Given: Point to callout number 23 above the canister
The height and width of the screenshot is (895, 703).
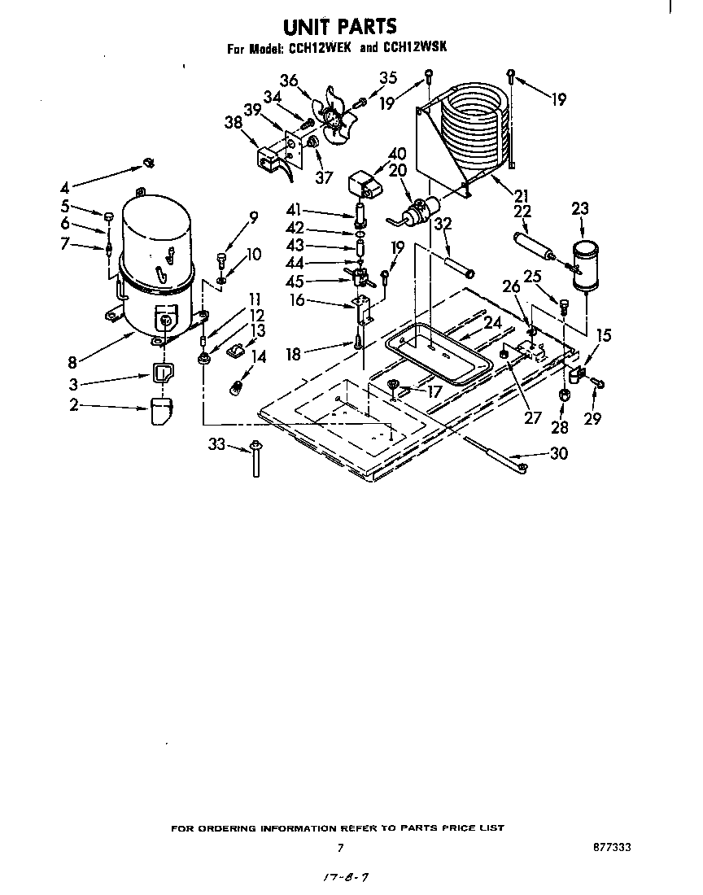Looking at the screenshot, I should point(579,208).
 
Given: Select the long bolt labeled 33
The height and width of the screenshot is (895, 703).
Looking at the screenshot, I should point(256,458).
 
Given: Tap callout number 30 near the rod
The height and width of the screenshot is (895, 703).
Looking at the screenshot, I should point(558,454).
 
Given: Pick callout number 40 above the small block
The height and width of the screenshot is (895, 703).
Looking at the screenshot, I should point(396,154).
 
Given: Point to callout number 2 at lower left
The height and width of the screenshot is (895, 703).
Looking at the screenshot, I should point(73,404).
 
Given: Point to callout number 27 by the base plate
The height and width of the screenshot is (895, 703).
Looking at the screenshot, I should point(532,419).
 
